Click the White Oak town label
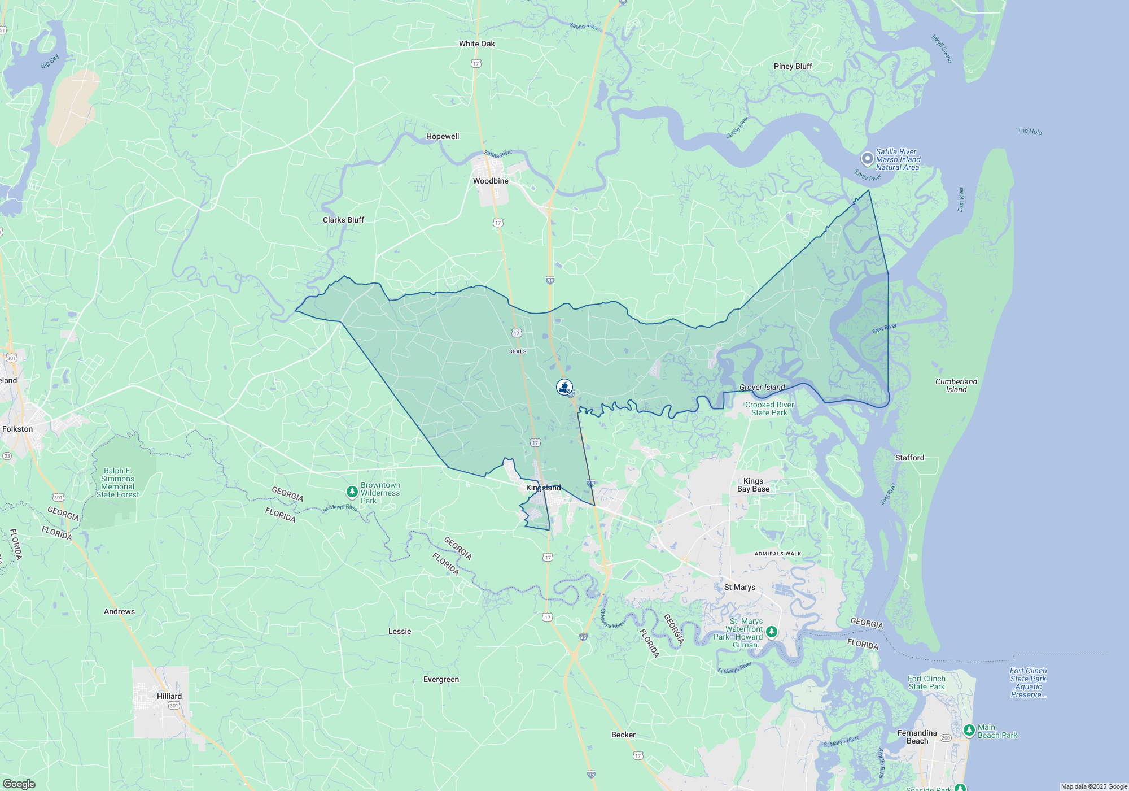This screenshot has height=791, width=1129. coord(476,44)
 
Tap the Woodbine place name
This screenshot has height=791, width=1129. coord(491,181)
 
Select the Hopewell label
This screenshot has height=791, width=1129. coord(443,136)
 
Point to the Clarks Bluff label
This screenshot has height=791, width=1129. coord(343,220)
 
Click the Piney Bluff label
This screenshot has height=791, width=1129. coord(793,66)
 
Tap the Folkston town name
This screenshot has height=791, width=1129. coord(17,429)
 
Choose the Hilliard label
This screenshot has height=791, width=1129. coord(169,696)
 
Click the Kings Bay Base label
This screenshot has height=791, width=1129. coord(753,485)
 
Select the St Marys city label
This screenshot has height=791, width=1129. coord(739,587)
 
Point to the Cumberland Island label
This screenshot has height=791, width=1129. coord(956,385)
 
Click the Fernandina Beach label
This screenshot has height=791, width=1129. coord(917,737)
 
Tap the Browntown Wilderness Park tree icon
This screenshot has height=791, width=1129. coord(352,492)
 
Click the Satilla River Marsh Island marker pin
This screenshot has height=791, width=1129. coord(867,159)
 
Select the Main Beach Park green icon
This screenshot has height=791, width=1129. coord(969,731)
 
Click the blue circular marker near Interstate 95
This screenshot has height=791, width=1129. coord(564,386)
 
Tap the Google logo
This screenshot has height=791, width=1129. coord(19,784)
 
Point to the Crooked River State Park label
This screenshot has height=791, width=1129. coord(769,408)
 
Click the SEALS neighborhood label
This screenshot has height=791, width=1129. coord(518,351)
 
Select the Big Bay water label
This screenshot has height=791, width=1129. coord(50,62)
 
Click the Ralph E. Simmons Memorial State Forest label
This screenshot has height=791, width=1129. coord(117,483)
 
